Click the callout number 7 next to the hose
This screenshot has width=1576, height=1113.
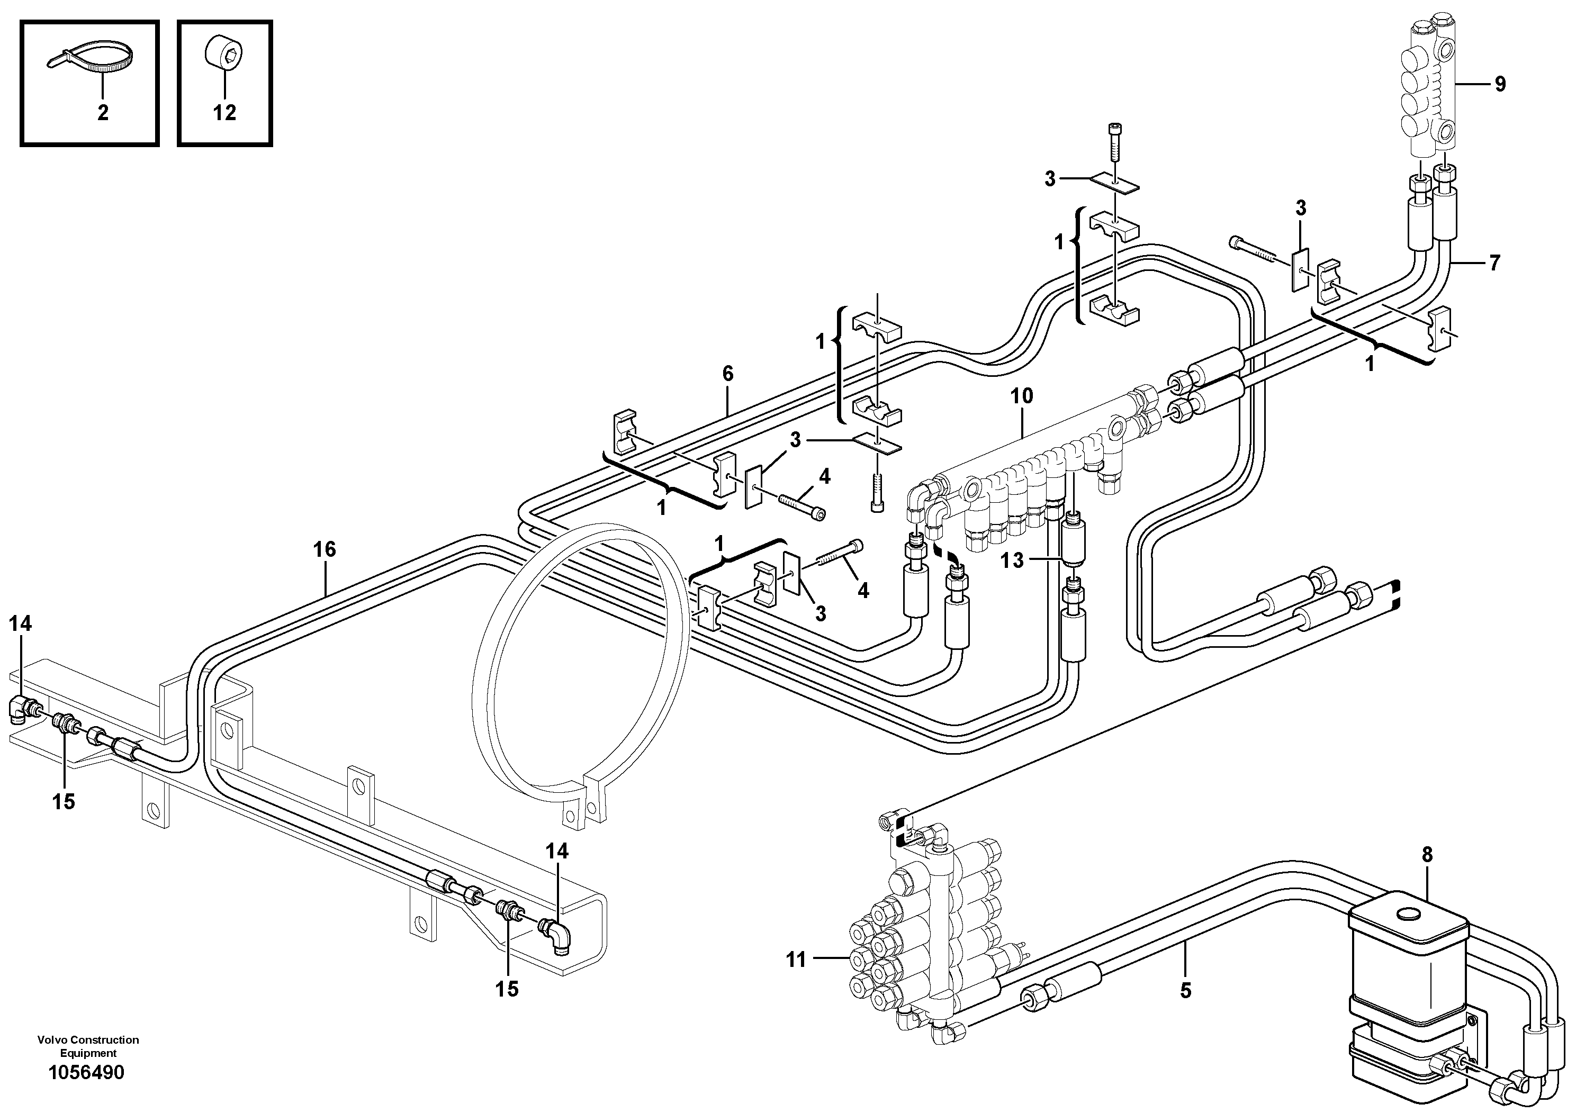click(1494, 263)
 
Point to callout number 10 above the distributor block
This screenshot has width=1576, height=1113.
click(1021, 396)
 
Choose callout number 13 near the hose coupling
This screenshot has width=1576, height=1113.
click(1012, 560)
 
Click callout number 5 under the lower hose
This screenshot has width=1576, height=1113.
click(1185, 990)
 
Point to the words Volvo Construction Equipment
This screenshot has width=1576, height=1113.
click(88, 1046)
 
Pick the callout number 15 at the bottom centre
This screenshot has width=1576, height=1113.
click(507, 989)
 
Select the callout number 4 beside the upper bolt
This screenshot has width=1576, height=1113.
click(824, 476)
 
